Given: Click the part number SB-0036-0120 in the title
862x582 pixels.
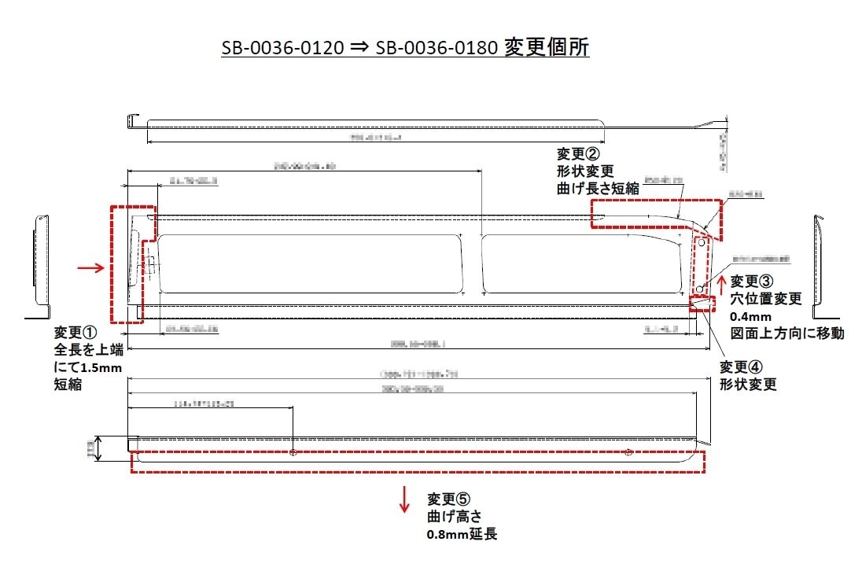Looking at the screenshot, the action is point(282,47).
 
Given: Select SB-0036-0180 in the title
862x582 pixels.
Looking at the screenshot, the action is point(437,47).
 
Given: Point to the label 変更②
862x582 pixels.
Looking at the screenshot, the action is point(578,153).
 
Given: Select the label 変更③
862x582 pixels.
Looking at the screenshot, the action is point(752,281).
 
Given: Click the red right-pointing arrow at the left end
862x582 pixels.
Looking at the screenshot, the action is point(92,268).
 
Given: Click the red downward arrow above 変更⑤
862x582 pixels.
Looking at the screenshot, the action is point(404,499).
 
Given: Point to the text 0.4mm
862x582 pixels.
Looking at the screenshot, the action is point(749,316).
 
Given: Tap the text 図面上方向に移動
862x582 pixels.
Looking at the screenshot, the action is point(787,333).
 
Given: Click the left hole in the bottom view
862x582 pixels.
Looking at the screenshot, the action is point(293,452).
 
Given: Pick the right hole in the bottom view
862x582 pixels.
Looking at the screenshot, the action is point(628,452).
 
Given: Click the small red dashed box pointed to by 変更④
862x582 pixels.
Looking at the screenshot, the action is point(703,304).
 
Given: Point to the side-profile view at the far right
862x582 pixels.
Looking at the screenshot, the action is point(820,263).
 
